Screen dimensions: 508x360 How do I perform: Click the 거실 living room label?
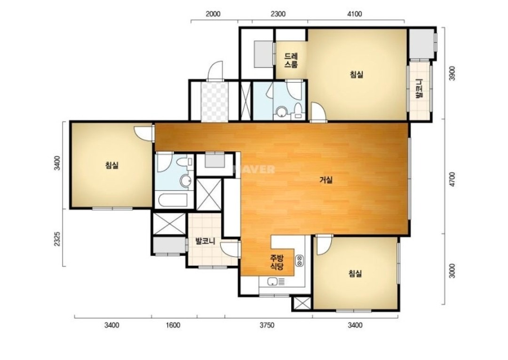(326, 180)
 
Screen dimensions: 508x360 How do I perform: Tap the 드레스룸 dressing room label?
(291, 60)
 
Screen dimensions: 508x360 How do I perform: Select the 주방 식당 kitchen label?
(277, 262)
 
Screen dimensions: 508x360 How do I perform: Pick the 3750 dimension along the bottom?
(267, 325)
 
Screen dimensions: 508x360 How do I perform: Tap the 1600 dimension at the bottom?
(173, 325)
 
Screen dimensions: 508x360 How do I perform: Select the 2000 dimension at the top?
(213, 14)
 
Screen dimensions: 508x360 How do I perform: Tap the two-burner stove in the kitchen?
(299, 261)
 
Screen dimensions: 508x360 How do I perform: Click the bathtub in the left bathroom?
(172, 200)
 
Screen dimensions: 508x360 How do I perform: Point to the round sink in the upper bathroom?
(282, 113)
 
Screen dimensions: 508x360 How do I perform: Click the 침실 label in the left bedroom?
(112, 165)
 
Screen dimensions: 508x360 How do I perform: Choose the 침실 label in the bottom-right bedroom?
(355, 274)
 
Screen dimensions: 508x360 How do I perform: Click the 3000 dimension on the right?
(452, 271)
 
